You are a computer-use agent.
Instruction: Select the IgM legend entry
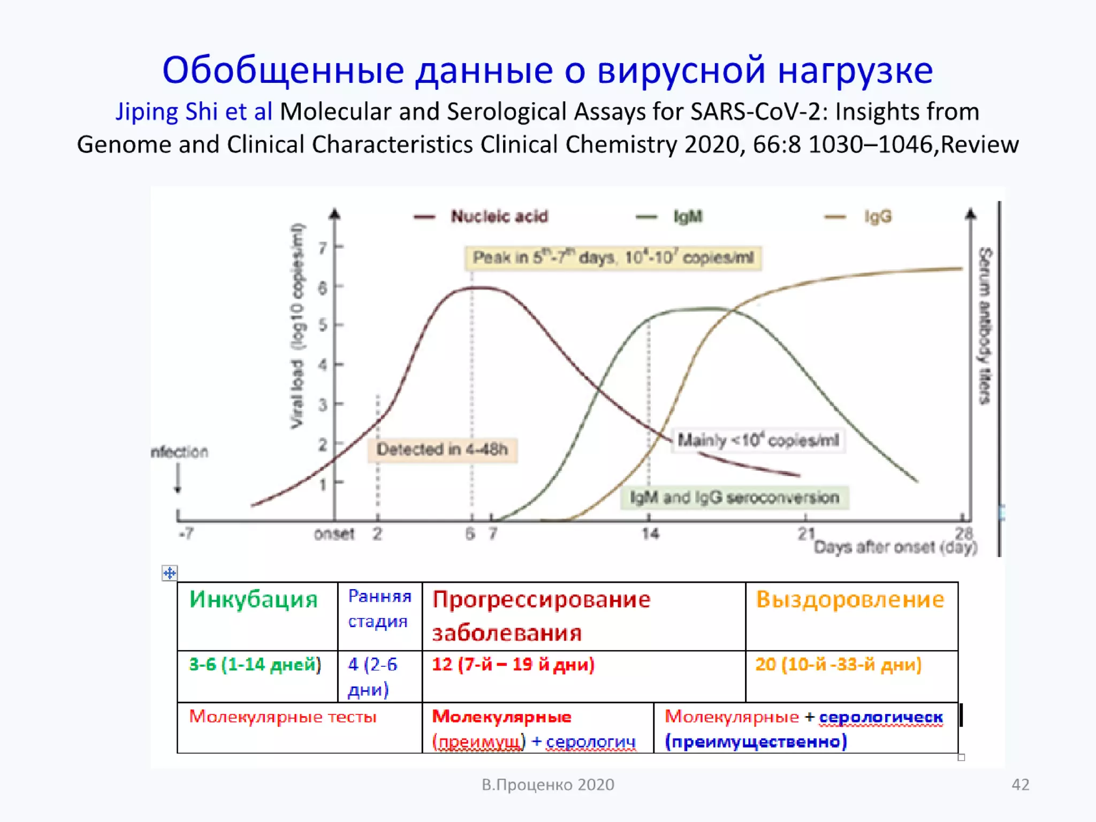687,217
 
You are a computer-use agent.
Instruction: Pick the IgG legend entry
877,217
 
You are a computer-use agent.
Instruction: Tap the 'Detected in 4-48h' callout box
442,450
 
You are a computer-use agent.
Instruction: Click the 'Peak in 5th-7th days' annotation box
613,258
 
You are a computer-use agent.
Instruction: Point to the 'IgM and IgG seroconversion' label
734,498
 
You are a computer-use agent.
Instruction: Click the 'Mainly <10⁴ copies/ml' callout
758,440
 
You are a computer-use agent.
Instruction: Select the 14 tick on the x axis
650,534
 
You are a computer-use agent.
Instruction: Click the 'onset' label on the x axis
334,534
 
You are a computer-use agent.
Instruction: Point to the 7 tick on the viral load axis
323,248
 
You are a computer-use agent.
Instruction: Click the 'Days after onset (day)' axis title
895,547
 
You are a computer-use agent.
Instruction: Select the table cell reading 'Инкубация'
254,599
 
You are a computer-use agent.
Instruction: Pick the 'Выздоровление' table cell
850,599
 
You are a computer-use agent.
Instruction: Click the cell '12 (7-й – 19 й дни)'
513,665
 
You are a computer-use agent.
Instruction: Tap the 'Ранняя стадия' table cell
379,608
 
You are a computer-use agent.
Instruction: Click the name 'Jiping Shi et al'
194,112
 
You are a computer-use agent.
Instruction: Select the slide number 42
1020,785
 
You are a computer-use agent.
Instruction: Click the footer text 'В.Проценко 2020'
547,785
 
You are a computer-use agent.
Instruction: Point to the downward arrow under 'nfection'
178,478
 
